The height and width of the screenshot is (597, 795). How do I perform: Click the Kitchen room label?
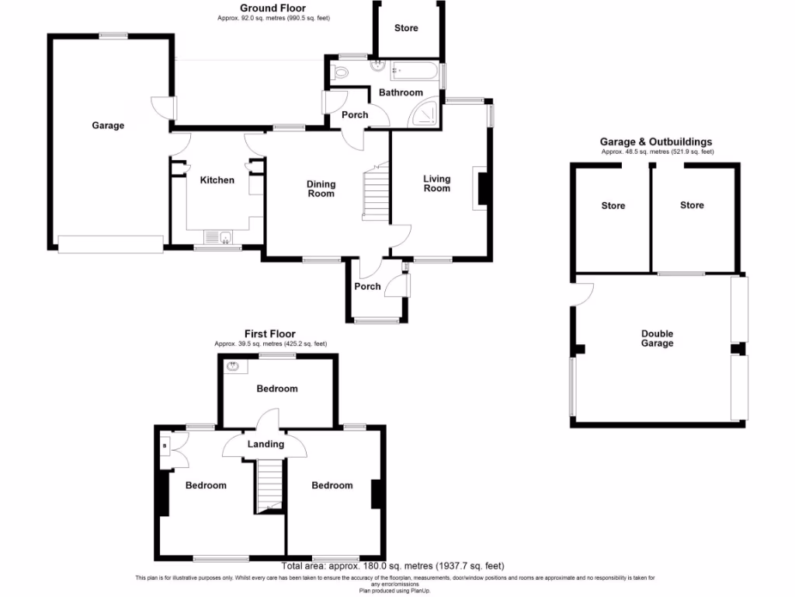[x=217, y=180]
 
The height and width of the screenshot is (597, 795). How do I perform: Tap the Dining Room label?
[x=321, y=189]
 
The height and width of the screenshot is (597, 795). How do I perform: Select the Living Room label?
[x=436, y=183]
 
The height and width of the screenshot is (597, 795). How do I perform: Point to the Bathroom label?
[x=401, y=93]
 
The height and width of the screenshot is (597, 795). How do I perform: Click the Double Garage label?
[x=657, y=338]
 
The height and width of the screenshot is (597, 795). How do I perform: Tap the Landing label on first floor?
[x=266, y=444]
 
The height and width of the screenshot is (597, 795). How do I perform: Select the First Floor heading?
[x=270, y=334]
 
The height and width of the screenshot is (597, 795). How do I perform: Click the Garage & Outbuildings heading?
[x=656, y=141]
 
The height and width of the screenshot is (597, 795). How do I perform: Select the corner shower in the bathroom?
[x=425, y=115]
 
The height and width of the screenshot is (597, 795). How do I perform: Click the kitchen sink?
[x=217, y=236]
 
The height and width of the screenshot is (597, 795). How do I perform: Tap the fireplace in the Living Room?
[x=483, y=189]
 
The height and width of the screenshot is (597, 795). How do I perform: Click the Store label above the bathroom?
[x=406, y=28]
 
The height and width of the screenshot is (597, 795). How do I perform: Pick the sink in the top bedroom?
[x=232, y=365]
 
